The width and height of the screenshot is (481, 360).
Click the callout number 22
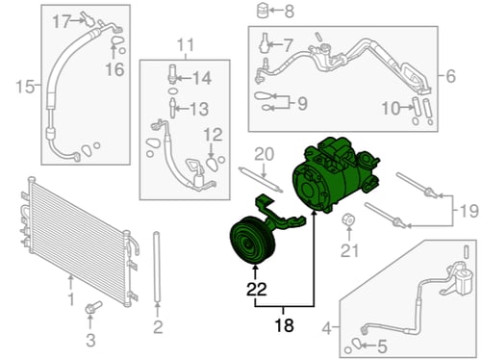[x=257, y=289]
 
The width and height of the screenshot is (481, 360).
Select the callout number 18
[x=284, y=325]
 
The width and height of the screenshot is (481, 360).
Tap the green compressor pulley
[x=253, y=240]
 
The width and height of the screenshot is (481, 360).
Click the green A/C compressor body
[x=335, y=175]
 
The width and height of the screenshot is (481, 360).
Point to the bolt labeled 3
[x=92, y=307]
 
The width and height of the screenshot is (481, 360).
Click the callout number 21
[x=349, y=250]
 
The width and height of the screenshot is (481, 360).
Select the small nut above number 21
[x=348, y=219]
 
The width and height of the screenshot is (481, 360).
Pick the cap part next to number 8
[x=263, y=11]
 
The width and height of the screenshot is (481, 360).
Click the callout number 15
[x=25, y=87]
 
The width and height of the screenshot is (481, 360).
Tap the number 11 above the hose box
[x=186, y=45]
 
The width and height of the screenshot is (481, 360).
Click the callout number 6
[x=451, y=76]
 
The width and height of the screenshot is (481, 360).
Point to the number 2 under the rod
[x=158, y=327]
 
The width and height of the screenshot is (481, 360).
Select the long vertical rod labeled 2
[x=157, y=267]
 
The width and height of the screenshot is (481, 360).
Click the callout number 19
[x=468, y=211]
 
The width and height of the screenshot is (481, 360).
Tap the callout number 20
[x=265, y=154]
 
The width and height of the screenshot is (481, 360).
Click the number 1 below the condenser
[x=71, y=299]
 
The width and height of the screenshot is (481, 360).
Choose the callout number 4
[x=326, y=328]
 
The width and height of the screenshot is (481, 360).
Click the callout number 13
[x=199, y=109]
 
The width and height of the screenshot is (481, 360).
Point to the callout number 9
[x=302, y=103]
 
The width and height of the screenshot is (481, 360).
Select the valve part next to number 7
[x=265, y=42]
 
